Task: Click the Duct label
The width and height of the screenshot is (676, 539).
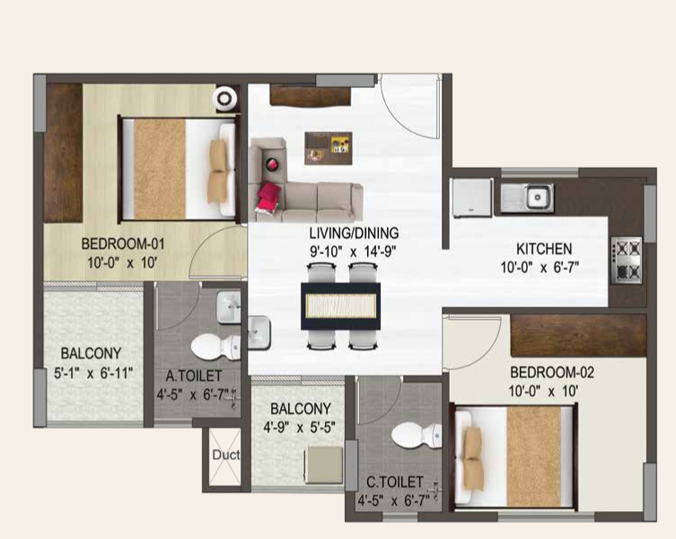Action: tap(225, 455)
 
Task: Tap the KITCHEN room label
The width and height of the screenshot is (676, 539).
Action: tap(543, 249)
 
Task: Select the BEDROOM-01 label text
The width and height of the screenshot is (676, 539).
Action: tap(122, 243)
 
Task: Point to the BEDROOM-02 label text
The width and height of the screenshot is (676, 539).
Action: tap(551, 372)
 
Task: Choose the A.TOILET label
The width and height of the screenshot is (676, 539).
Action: tap(188, 376)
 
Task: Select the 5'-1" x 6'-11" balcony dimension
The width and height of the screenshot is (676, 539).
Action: tap(91, 372)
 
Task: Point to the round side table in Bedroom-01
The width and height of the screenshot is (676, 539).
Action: tap(225, 96)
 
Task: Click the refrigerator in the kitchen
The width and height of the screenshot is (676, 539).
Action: tap(471, 197)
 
